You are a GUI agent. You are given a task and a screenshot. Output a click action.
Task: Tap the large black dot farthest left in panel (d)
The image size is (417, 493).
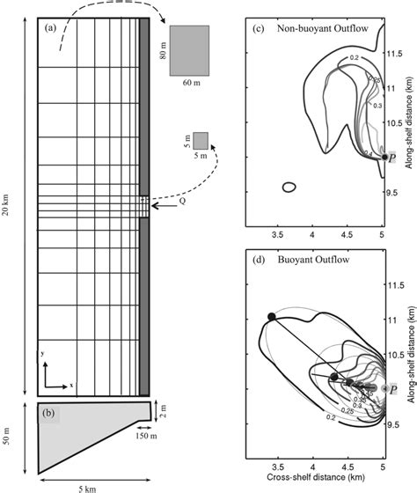pyautogui.click(x=272, y=316)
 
